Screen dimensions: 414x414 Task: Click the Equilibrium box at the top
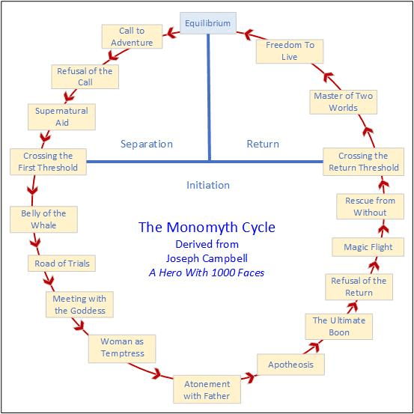click(207, 23)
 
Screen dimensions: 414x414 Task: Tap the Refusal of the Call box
click(85, 76)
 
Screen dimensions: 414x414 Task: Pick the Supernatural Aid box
click(61, 116)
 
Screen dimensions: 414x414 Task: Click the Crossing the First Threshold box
click(48, 162)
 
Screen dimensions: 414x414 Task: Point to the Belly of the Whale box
click(43, 219)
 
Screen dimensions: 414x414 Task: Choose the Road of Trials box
click(61, 264)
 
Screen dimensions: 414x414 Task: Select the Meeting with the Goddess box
click(79, 305)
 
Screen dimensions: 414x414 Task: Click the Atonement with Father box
click(207, 389)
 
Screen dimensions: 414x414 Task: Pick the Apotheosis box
click(291, 365)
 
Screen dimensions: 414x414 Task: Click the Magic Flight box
click(368, 247)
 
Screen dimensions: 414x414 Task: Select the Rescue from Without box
click(370, 207)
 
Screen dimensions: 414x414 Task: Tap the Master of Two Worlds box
click(343, 102)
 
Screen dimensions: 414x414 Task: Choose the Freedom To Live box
click(290, 51)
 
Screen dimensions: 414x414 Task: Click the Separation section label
click(147, 144)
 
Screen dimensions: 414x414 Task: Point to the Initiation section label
click(208, 185)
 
